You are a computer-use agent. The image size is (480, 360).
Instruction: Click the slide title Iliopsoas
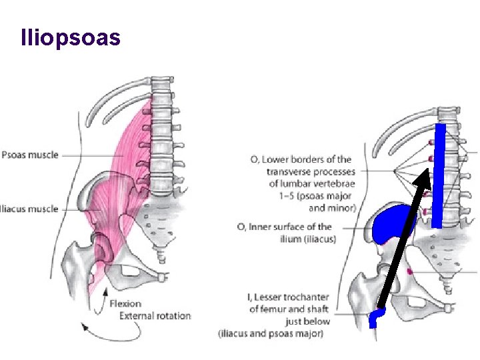(71, 37)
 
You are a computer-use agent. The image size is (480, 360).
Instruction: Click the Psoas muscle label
(30, 155)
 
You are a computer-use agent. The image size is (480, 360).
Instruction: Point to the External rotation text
(155, 315)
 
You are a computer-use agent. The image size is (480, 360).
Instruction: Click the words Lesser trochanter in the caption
(293, 297)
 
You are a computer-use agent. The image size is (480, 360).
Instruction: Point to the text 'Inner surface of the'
(293, 227)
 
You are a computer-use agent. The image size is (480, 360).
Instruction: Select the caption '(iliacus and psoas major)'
(271, 333)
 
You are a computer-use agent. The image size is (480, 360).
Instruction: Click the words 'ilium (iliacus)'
(309, 239)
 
